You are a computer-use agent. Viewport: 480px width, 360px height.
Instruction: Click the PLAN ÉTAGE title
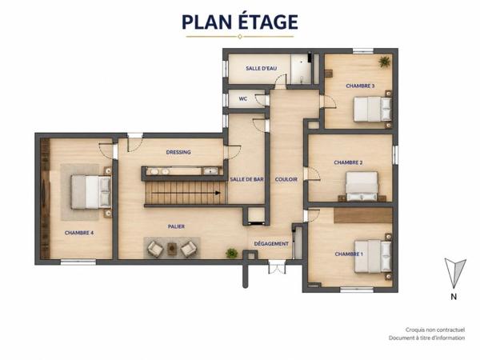[240, 22]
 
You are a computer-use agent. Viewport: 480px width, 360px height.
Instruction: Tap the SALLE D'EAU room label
[261, 68]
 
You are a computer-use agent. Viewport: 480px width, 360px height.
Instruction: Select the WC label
[243, 99]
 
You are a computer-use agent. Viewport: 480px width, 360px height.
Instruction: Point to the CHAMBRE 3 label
[360, 86]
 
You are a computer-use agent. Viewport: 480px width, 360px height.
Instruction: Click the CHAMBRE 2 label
[348, 162]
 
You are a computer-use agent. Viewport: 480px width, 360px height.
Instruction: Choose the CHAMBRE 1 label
[349, 254]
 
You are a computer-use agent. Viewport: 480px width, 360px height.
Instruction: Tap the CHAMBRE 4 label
[79, 233]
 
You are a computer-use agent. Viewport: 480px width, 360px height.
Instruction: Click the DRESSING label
[178, 152]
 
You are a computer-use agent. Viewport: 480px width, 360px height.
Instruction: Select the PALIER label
[176, 226]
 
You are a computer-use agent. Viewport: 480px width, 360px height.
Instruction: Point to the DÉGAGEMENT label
[271, 244]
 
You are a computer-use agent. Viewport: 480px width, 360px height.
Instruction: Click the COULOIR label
[286, 179]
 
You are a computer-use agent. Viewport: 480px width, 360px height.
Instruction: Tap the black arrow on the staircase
[186, 193]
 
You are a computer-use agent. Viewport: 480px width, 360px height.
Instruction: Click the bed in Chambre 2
[362, 186]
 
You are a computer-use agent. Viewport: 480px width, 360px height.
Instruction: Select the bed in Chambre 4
[91, 192]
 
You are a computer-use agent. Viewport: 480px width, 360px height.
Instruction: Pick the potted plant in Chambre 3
[384, 62]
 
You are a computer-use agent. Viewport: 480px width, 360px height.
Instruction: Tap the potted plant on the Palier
[232, 253]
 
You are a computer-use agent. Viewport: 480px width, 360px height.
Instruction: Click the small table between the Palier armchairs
[172, 249]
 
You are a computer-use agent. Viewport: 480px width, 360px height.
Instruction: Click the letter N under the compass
[454, 297]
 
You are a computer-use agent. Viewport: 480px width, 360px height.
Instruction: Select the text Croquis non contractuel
[435, 330]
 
